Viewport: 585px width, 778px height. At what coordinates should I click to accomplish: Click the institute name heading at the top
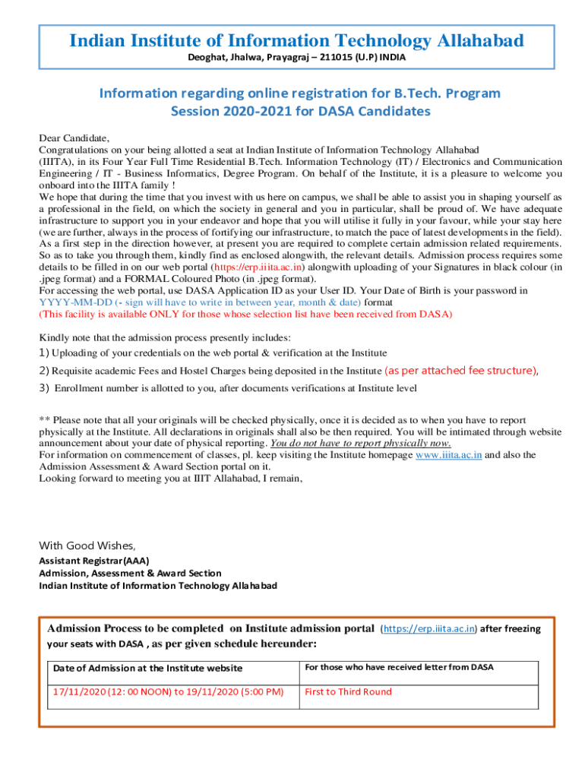(x=296, y=40)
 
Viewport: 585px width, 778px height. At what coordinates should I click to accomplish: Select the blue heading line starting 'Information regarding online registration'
(x=300, y=93)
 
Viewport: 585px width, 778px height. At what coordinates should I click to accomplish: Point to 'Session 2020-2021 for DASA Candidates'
(x=300, y=112)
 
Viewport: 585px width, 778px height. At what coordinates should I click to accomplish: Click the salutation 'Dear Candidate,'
(x=74, y=138)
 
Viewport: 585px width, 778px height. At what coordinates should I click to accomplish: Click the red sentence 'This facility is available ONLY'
(x=245, y=314)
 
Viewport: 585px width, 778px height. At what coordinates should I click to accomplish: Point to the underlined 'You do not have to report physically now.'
(x=361, y=443)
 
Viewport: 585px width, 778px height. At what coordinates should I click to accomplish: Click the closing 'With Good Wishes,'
(x=87, y=546)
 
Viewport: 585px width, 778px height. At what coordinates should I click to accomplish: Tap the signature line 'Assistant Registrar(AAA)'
(x=94, y=561)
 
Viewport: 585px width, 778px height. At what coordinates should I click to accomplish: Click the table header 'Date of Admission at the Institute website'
(x=148, y=668)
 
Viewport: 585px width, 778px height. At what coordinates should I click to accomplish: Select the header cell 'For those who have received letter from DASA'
(x=399, y=667)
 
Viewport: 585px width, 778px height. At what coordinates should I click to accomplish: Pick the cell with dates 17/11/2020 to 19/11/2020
(x=168, y=692)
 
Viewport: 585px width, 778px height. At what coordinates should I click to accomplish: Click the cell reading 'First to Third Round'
(x=348, y=692)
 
